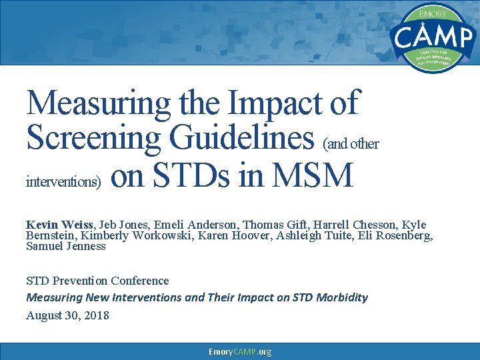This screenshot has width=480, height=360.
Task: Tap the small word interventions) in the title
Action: pyautogui.click(x=63, y=181)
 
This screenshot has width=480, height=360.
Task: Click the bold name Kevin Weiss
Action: pyautogui.click(x=59, y=225)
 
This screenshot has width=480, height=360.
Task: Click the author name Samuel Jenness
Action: pyautogui.click(x=65, y=246)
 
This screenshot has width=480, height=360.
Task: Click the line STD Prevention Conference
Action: pyautogui.click(x=97, y=281)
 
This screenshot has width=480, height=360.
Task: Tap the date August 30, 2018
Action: pyautogui.click(x=67, y=315)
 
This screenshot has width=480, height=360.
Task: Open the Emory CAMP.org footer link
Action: pyautogui.click(x=240, y=351)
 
